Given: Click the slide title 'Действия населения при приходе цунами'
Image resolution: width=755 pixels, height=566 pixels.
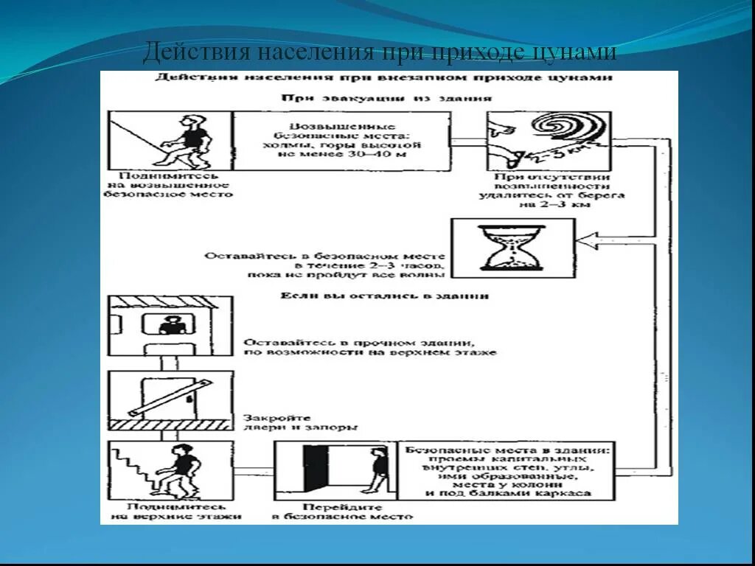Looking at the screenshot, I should click(379, 53).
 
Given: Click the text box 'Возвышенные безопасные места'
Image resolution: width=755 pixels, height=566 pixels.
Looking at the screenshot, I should click(341, 140).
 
